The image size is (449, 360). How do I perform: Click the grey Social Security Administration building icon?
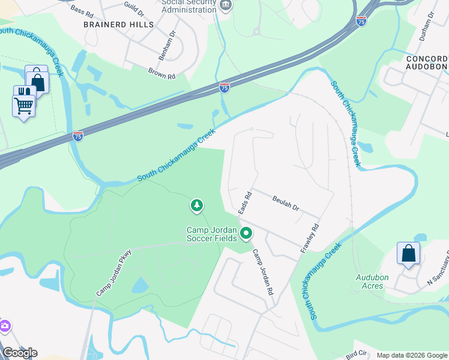[226, 6]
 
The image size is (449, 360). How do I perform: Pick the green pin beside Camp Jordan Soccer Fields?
[246, 233]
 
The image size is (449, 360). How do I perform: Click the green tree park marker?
[196, 206]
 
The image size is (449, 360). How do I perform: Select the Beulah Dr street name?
[286, 202]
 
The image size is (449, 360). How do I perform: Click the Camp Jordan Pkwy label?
[114, 273]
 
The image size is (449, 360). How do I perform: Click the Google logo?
[19, 352]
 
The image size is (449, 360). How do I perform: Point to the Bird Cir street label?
[355, 353]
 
